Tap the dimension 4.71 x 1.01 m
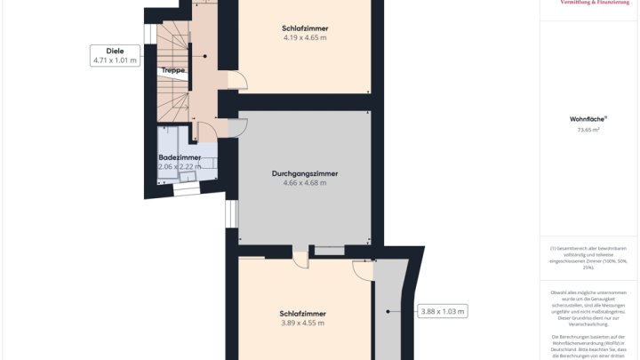tap(116, 60)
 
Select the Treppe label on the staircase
tap(173, 69)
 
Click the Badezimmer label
tap(180, 157)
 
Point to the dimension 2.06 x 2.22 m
tap(180, 166)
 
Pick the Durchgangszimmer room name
tap(305, 173)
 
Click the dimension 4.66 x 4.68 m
tap(305, 183)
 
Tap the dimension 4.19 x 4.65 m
tap(305, 38)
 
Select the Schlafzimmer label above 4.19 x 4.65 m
tap(305, 28)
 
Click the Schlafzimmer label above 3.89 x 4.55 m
tap(302, 313)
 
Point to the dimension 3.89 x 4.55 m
tap(302, 323)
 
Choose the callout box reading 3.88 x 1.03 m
tap(443, 311)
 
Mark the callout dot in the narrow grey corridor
tap(389, 311)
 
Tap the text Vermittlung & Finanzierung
tap(588, 4)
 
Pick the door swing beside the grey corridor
tap(363, 270)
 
